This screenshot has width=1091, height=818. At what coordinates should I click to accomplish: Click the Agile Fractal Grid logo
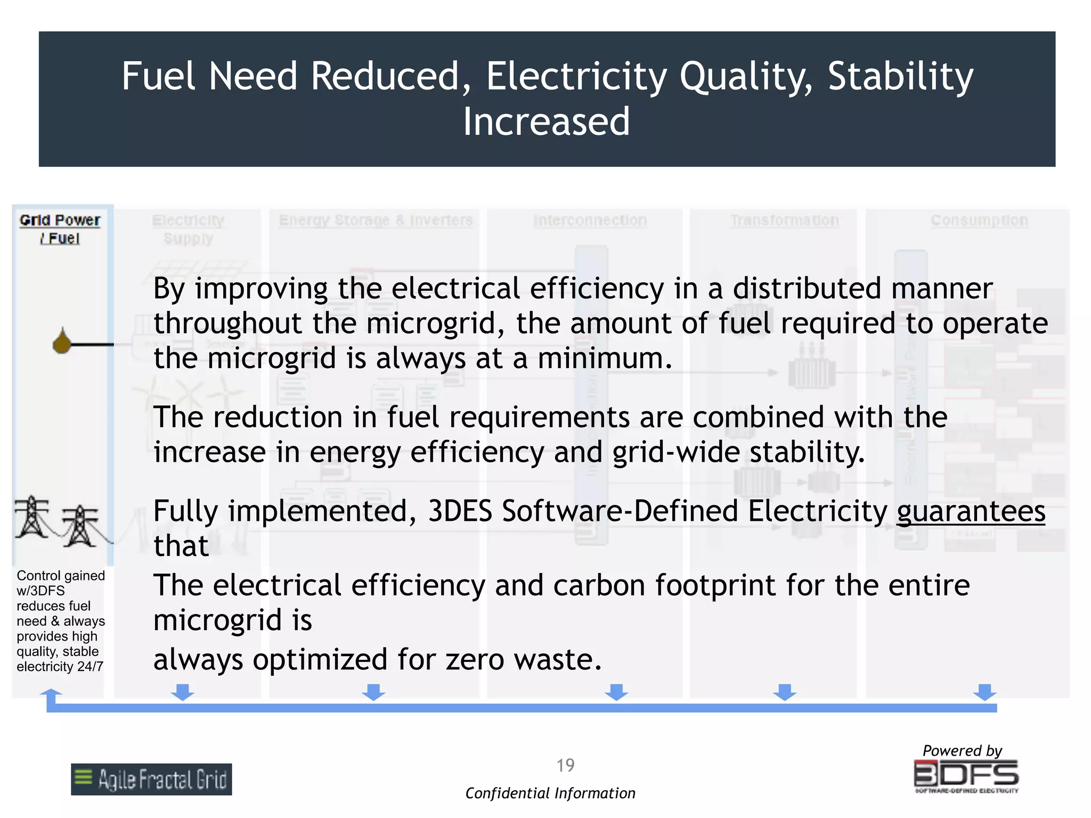tap(151, 779)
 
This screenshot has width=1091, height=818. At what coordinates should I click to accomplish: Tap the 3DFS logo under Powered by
tap(966, 775)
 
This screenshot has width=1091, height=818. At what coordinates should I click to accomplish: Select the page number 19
tap(565, 765)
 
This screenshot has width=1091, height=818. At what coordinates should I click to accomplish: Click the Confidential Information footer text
tap(550, 794)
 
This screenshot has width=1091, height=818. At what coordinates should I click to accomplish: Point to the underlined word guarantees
tap(971, 511)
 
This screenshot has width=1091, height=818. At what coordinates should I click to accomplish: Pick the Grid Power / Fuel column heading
tap(60, 229)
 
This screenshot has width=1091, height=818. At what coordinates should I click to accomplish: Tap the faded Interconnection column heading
tap(590, 220)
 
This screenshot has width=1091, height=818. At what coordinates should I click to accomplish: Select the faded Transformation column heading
tap(784, 220)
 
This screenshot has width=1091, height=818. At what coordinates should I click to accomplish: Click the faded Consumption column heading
tap(979, 220)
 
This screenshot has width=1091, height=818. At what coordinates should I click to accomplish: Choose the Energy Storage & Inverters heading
tap(376, 220)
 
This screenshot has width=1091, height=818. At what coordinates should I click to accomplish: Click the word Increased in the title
tap(546, 121)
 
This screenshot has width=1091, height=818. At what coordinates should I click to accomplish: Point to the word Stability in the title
tap(900, 76)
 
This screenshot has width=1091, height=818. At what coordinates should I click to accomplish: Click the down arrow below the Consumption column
tap(984, 692)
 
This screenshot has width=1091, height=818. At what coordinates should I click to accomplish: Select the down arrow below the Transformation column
tap(785, 692)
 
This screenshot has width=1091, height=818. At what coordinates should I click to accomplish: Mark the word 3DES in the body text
tap(460, 511)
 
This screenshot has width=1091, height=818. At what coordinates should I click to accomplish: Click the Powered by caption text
tap(962, 750)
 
